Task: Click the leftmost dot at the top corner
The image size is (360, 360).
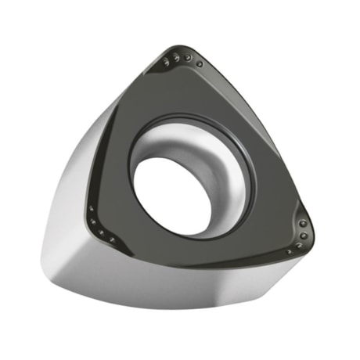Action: tap(166, 62)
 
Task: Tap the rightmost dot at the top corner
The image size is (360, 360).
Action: tap(200, 64)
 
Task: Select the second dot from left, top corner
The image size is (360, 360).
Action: tap(176, 58)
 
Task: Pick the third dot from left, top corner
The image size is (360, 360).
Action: tap(187, 57)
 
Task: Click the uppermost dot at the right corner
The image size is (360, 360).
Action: tap(303, 223)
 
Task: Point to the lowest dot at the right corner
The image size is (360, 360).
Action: tap(289, 251)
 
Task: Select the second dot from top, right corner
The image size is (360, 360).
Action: tap(304, 236)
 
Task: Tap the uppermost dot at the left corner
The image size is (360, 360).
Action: tap(91, 208)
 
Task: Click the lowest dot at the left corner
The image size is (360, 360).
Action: tap(112, 239)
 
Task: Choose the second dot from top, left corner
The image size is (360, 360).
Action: tap(93, 221)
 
